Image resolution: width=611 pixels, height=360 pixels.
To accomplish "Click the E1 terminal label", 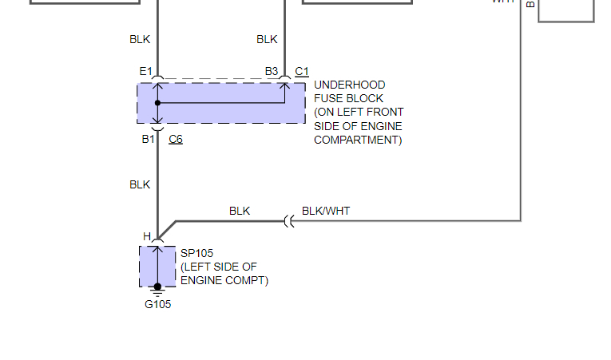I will pyautogui.click(x=145, y=72).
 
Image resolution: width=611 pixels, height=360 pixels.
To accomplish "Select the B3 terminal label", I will pyautogui.click(x=272, y=72).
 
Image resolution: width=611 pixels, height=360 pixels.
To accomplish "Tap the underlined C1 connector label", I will pyautogui.click(x=302, y=72).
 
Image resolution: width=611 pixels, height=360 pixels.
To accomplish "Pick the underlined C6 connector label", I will pyautogui.click(x=176, y=139).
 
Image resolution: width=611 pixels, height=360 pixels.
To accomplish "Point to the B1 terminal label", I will pyautogui.click(x=149, y=139).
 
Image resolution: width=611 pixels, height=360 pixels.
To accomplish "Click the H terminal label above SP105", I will pyautogui.click(x=147, y=236).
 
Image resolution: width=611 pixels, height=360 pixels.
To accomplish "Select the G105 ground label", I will pyautogui.click(x=157, y=304).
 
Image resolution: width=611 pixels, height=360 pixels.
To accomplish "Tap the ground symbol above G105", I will pyautogui.click(x=157, y=292).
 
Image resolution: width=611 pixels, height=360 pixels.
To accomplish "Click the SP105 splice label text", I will pyautogui.click(x=196, y=254).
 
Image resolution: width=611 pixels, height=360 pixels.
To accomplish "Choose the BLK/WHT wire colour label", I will pyautogui.click(x=326, y=212).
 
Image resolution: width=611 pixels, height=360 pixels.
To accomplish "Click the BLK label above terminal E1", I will pyautogui.click(x=140, y=39).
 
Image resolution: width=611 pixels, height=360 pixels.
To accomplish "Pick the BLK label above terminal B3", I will pyautogui.click(x=267, y=39).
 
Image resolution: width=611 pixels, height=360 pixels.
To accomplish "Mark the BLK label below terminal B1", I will pyautogui.click(x=140, y=184).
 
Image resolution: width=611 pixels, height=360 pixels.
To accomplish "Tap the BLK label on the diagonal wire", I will pyautogui.click(x=240, y=212).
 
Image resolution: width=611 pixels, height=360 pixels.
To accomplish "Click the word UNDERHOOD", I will pyautogui.click(x=350, y=85).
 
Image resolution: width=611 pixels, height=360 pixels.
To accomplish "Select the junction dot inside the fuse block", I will pyautogui.click(x=157, y=103).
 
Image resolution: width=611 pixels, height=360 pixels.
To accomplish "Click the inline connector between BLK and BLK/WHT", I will pyautogui.click(x=289, y=221).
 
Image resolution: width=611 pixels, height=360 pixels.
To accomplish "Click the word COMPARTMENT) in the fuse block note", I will pyautogui.click(x=358, y=140).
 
